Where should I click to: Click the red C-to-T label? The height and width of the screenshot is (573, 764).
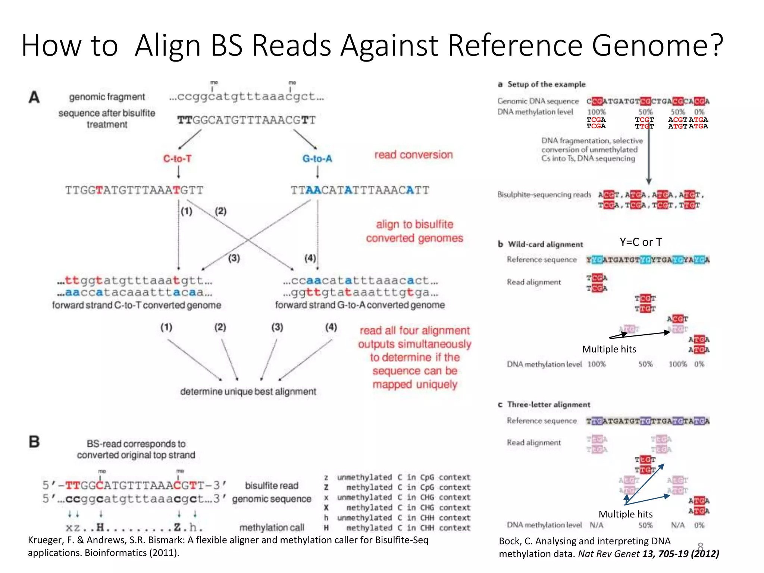tap(177, 159)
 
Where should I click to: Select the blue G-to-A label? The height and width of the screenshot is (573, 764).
tap(317, 159)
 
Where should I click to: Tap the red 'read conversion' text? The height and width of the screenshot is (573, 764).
tap(413, 155)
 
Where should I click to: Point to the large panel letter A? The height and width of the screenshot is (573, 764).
tap(34, 97)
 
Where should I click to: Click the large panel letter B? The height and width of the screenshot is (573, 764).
tap(34, 442)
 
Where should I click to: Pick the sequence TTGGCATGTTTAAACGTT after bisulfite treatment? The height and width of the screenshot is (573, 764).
tap(246, 120)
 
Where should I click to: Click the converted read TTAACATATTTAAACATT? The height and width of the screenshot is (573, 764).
tap(360, 190)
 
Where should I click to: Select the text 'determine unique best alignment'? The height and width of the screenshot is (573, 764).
tap(248, 392)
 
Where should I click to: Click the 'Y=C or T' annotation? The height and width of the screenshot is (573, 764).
tap(641, 242)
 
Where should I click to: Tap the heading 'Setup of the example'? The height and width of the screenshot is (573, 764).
tap(546, 84)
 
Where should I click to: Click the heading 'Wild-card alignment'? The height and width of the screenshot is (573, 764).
tap(545, 244)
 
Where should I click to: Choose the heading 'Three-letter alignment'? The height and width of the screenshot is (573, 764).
tap(548, 405)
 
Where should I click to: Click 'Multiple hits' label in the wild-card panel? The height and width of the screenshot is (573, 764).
tap(609, 349)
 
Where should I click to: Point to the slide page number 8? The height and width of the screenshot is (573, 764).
tap(700, 547)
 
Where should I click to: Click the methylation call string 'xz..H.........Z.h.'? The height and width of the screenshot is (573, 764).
tap(134, 527)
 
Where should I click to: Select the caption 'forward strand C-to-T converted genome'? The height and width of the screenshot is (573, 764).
tap(137, 305)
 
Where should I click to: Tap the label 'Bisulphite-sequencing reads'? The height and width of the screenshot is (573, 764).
tap(544, 195)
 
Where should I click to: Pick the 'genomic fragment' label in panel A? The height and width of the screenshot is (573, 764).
tap(107, 97)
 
